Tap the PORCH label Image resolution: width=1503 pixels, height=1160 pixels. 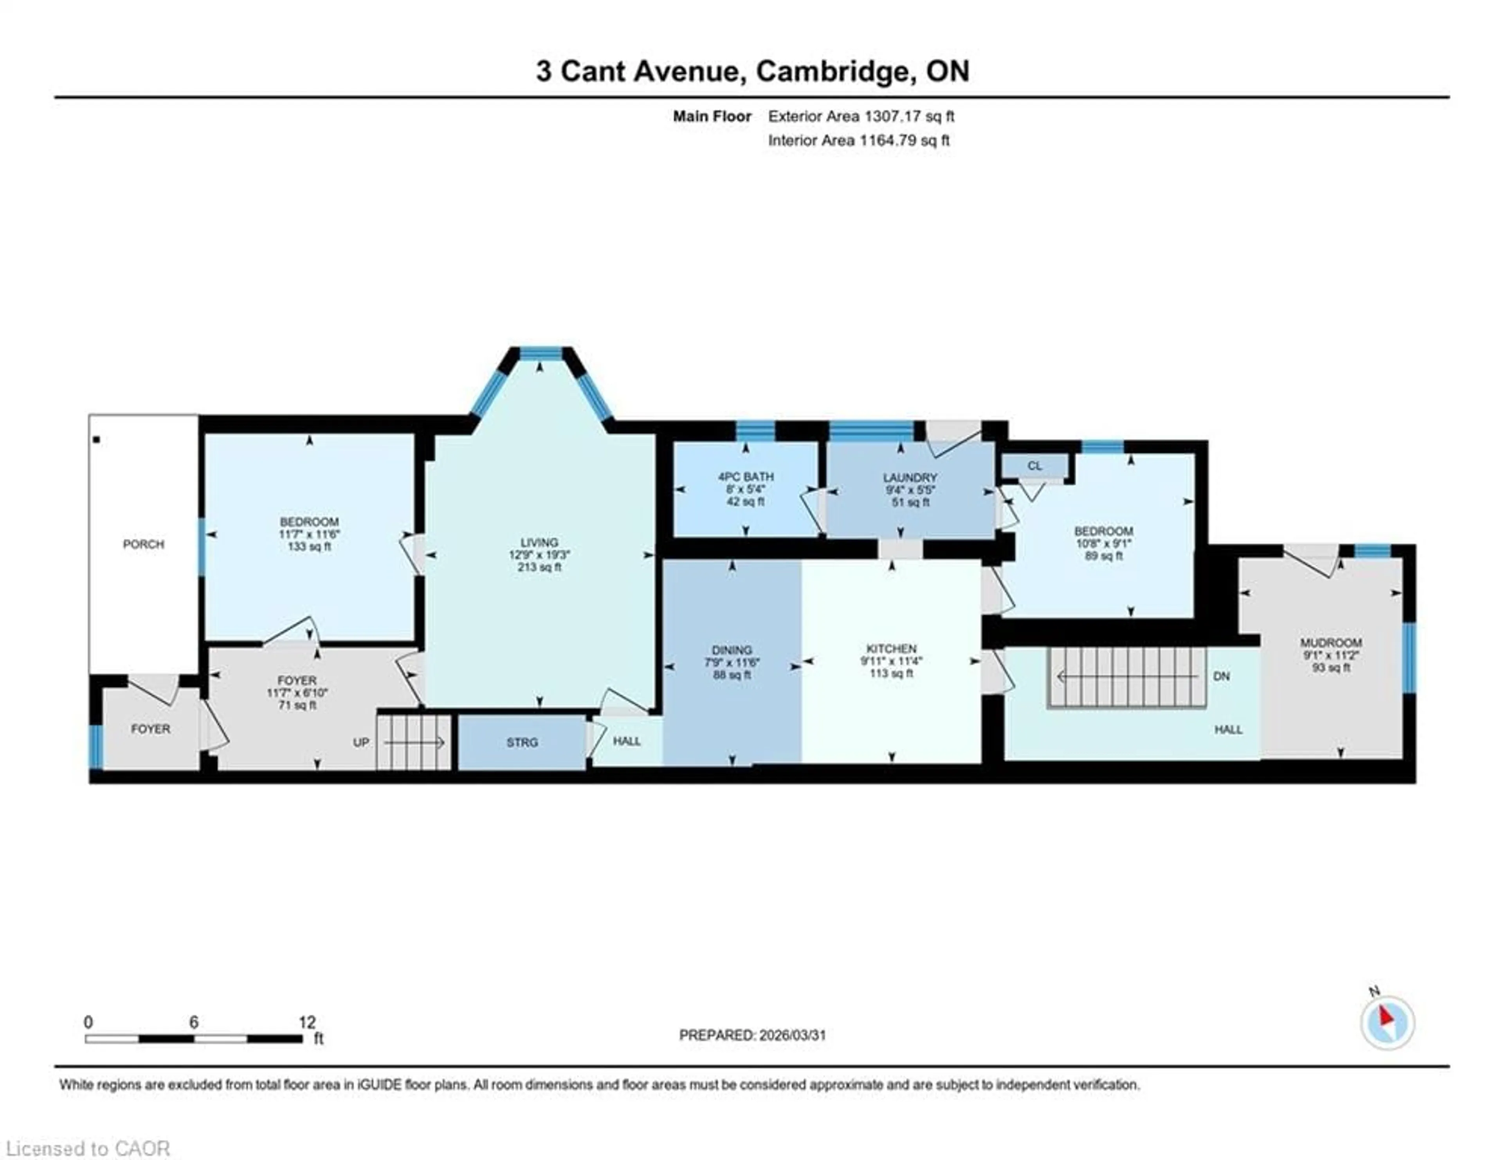(143, 544)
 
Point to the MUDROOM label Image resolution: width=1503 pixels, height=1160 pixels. (1330, 643)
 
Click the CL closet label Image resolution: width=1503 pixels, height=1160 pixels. (1034, 466)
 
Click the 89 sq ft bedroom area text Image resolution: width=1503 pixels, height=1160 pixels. (1103, 556)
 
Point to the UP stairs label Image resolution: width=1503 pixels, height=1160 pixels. (360, 742)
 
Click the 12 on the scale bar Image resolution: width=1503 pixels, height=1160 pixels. (307, 1022)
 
